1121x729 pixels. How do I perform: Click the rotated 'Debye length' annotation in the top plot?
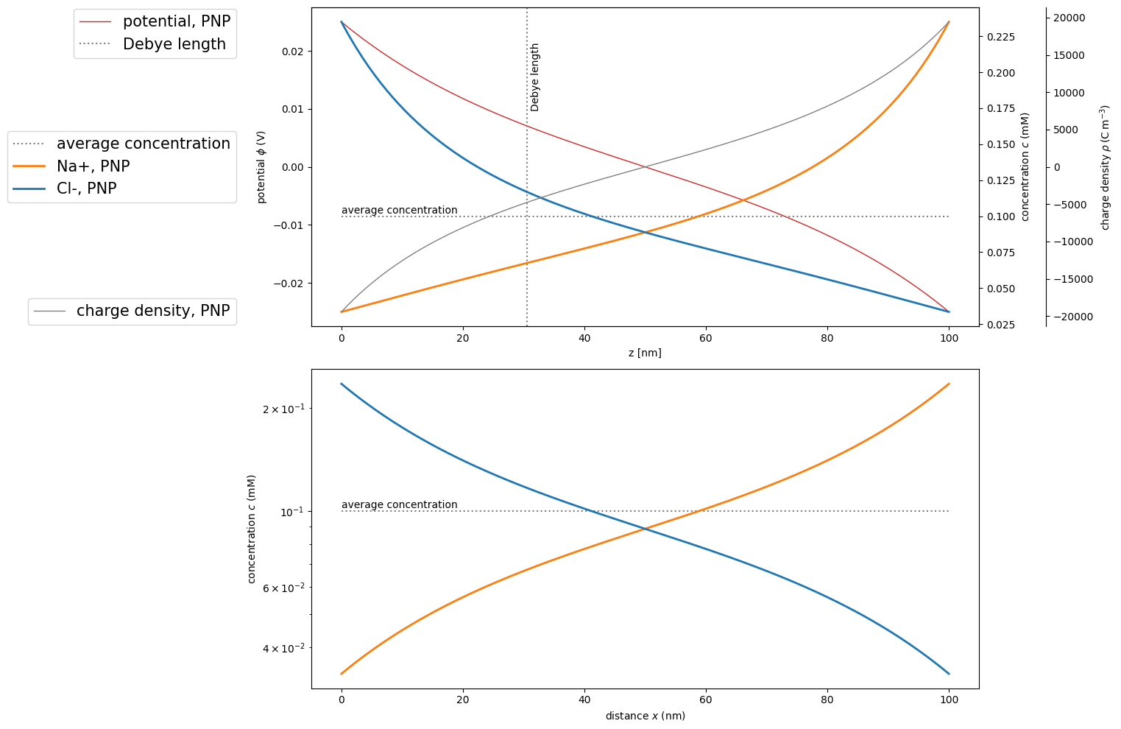coord(535,77)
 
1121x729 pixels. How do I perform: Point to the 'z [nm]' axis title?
coord(645,353)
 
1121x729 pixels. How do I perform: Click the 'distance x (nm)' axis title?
coord(645,716)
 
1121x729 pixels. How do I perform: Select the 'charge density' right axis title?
coord(1105,167)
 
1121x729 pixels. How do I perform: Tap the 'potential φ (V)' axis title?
coord(261,167)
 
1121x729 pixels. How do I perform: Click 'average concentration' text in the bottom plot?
coord(399,505)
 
